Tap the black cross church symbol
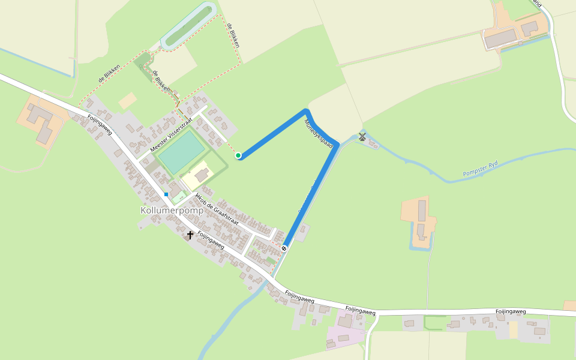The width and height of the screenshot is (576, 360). [190, 235]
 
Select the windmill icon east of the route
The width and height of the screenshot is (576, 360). [362, 137]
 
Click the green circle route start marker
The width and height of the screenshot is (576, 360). [238, 155]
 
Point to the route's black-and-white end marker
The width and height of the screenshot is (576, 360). [284, 248]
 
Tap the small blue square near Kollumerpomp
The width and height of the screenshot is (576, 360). [166, 194]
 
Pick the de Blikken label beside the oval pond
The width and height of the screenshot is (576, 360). [233, 36]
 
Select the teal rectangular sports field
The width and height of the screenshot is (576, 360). [181, 152]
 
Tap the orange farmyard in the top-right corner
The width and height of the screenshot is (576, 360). [516, 30]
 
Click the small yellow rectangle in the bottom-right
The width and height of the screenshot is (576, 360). [513, 329]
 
